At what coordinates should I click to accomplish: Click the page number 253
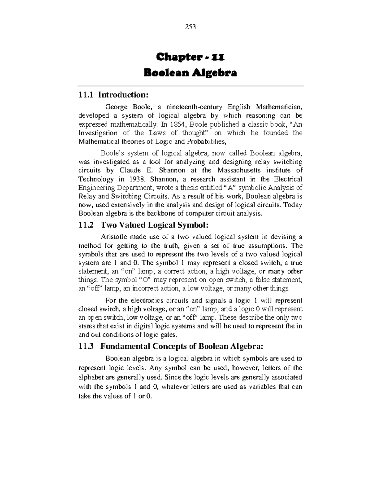[190, 27]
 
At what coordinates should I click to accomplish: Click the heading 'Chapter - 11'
[190, 58]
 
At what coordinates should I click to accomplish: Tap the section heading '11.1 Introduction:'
[113, 95]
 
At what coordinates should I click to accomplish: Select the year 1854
[179, 124]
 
